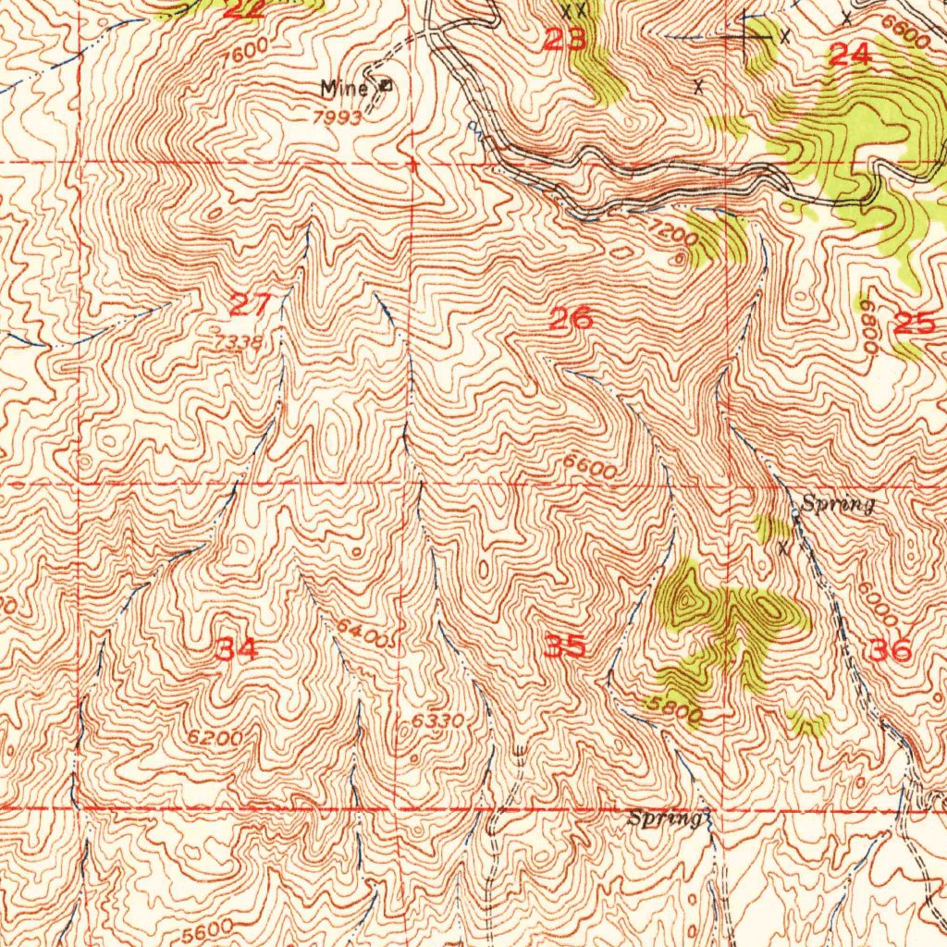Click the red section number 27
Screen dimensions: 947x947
(x=250, y=304)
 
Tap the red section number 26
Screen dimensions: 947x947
(x=571, y=320)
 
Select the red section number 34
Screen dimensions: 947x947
(x=236, y=649)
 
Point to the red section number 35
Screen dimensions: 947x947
(x=564, y=646)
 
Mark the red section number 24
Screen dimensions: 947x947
(x=849, y=55)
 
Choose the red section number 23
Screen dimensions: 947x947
(x=564, y=40)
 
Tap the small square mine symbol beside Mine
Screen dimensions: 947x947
(x=385, y=86)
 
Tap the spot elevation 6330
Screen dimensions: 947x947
(x=437, y=720)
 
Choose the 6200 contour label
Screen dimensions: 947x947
(x=214, y=738)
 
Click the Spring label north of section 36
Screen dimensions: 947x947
(x=838, y=505)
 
